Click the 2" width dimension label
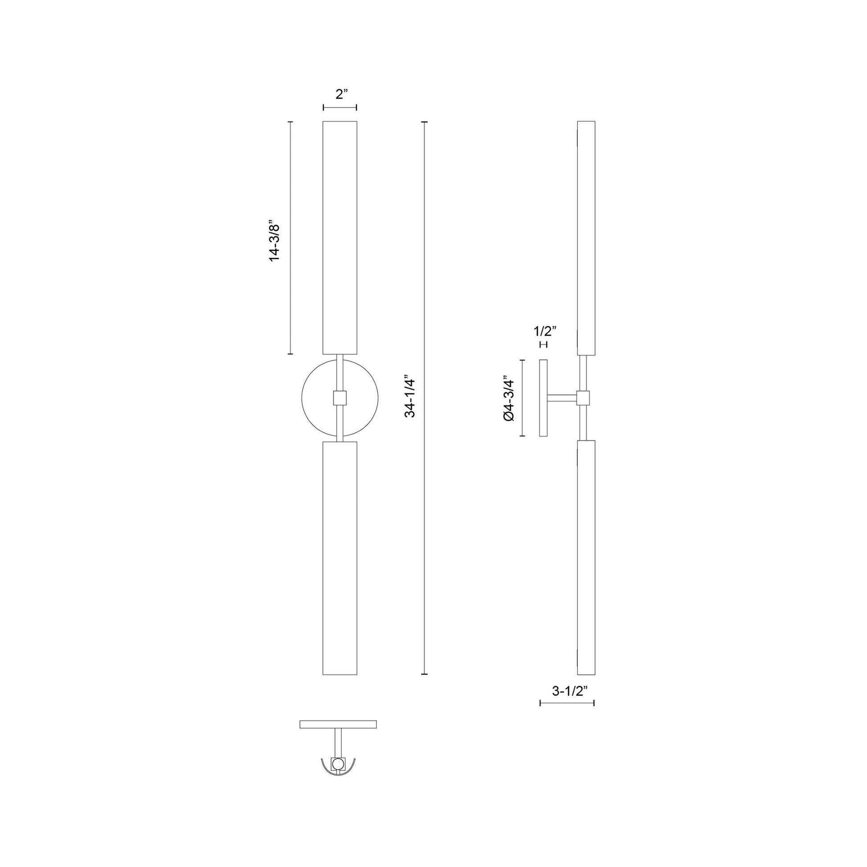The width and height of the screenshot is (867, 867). (x=342, y=94)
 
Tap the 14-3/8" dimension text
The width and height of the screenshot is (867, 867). (x=274, y=241)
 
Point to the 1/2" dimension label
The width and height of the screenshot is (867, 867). (x=545, y=331)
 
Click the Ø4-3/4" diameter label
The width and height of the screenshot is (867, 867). (x=508, y=398)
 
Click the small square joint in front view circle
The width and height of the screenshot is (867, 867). (x=339, y=397)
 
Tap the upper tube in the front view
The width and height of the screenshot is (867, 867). (x=339, y=238)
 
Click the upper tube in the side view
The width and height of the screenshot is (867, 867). (x=586, y=238)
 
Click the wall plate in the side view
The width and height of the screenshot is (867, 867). (x=544, y=397)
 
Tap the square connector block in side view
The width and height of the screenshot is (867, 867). (x=583, y=397)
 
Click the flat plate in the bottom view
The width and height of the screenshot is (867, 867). (x=338, y=724)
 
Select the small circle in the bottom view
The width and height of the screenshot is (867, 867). (x=338, y=763)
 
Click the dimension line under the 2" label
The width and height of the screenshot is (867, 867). (x=339, y=107)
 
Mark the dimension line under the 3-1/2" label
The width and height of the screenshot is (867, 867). (x=567, y=703)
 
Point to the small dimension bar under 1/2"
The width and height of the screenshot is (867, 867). (x=544, y=344)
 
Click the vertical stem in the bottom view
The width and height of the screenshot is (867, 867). (x=338, y=742)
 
